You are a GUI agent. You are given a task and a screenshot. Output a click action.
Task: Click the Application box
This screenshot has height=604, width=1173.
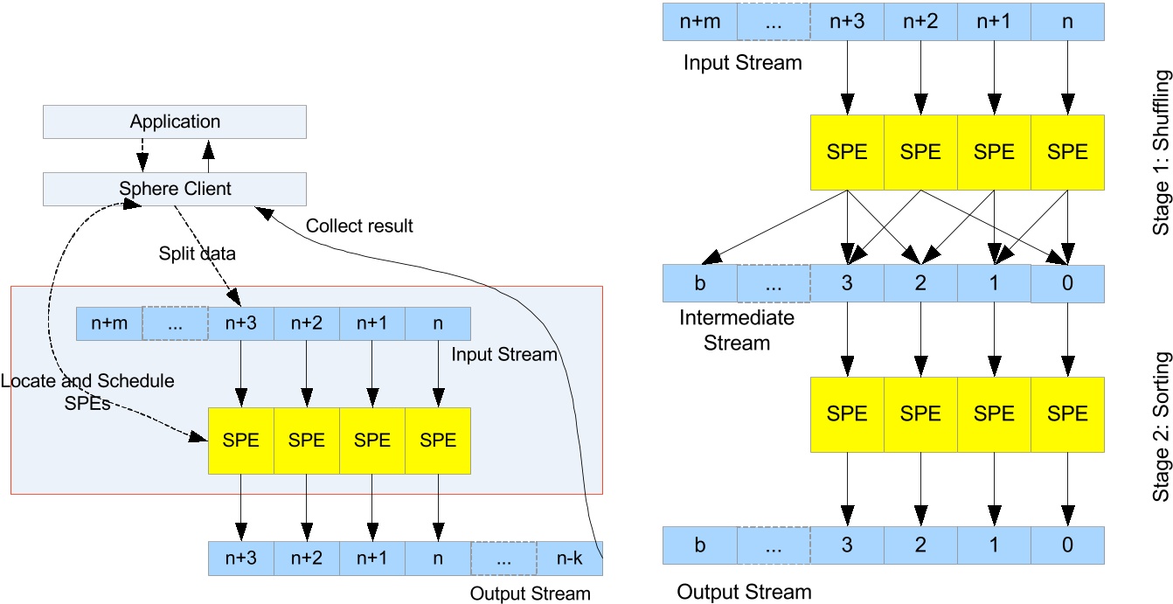click(x=175, y=121)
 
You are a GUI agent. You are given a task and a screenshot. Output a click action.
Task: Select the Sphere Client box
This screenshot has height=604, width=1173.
click(x=175, y=188)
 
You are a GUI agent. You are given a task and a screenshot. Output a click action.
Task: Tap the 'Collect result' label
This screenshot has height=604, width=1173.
click(x=359, y=226)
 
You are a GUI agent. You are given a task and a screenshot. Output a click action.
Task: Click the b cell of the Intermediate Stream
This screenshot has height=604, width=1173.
click(x=699, y=284)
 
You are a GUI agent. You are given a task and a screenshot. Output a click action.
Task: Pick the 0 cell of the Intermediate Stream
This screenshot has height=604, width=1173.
click(x=1067, y=284)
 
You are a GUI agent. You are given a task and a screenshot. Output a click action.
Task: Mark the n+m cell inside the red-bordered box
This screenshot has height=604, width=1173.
click(x=109, y=323)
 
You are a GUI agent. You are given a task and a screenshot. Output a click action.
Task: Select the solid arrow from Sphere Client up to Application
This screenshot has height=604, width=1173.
click(x=208, y=155)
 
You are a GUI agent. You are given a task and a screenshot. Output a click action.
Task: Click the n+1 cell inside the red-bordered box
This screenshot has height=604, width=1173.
click(x=372, y=323)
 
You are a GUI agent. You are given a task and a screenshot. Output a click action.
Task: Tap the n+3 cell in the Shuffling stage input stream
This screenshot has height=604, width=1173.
click(x=846, y=21)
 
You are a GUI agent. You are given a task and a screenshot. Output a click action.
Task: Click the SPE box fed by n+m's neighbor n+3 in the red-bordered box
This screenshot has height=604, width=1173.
click(x=240, y=441)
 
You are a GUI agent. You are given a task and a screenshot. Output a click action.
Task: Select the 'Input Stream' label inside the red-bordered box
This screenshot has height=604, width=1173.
click(x=504, y=355)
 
